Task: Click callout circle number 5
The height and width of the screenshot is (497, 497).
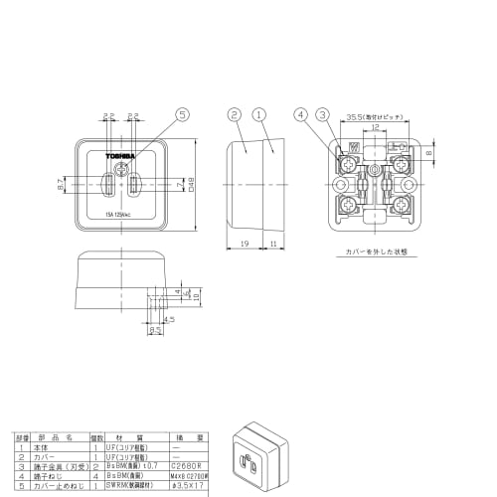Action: pos(182,115)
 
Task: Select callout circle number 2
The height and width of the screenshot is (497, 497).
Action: pos(235,115)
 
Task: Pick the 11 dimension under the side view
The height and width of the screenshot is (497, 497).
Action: pos(274,242)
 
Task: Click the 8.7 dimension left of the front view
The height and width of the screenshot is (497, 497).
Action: pos(60,186)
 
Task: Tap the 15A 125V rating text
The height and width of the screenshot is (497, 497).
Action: pos(121,213)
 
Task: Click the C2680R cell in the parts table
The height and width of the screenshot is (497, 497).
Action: pos(187,464)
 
